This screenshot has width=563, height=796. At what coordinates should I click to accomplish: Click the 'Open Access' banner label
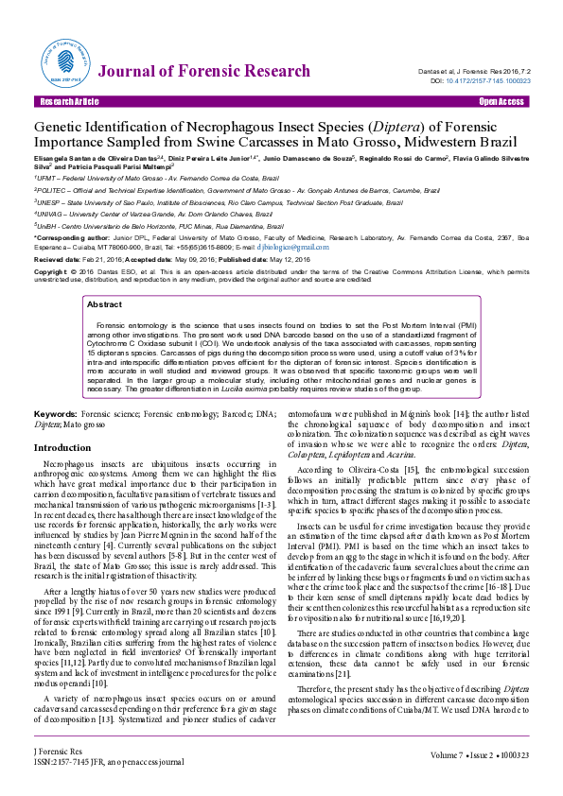501,101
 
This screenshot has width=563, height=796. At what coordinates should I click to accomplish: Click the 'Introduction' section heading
62,448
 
